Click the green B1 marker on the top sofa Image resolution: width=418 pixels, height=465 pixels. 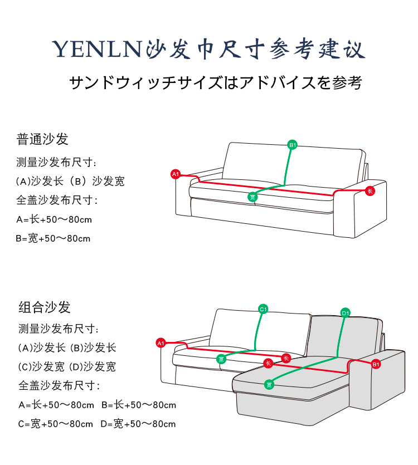pos(293,145)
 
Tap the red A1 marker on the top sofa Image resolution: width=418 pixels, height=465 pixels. pos(175,175)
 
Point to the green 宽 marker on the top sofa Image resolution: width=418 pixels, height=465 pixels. pos(252,197)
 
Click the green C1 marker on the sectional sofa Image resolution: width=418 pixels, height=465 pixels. pos(264,309)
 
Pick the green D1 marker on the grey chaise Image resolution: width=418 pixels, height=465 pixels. pos(345,313)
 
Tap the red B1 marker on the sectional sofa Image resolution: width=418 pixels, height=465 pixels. pos(376,364)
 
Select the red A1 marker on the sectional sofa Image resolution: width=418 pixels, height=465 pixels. pos(161,343)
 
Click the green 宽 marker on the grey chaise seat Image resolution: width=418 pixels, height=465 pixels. pos(269,384)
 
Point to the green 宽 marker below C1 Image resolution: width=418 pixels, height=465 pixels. pos(221,359)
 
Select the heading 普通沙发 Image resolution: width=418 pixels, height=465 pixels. pos(42,139)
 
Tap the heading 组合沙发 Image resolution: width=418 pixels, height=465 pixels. pos(45,307)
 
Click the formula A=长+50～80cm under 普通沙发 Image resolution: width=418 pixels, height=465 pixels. pos(54,219)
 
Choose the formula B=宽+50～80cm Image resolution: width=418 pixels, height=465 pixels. pos(54,238)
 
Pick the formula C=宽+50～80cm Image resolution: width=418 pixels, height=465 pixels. pos(56,424)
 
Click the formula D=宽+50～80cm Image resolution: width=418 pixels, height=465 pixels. pos(138,424)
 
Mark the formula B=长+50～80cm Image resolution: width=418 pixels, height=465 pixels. pos(138,405)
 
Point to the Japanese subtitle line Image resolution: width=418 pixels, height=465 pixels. pos(216,83)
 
